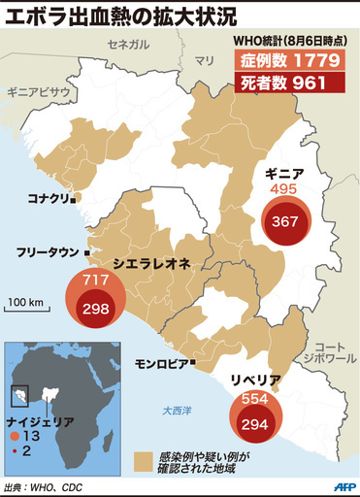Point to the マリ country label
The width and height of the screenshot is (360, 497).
click(204, 60)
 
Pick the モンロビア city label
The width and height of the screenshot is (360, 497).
click(160, 364)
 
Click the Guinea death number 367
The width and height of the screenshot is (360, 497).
click(285, 221)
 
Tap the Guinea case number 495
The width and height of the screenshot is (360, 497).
click(283, 188)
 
